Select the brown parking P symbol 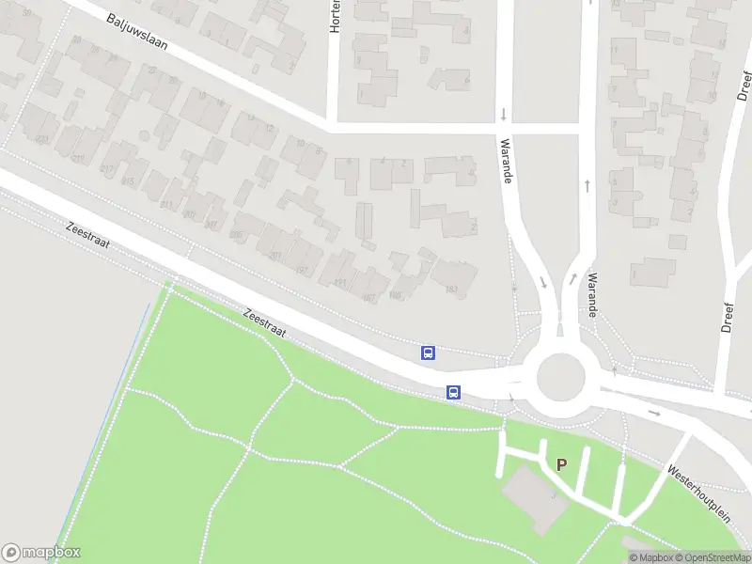[562, 464]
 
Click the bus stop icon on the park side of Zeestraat [453, 392]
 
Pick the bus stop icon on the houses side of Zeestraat [428, 352]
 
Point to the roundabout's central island [560, 378]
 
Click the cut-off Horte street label [334, 17]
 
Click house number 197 [302, 270]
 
